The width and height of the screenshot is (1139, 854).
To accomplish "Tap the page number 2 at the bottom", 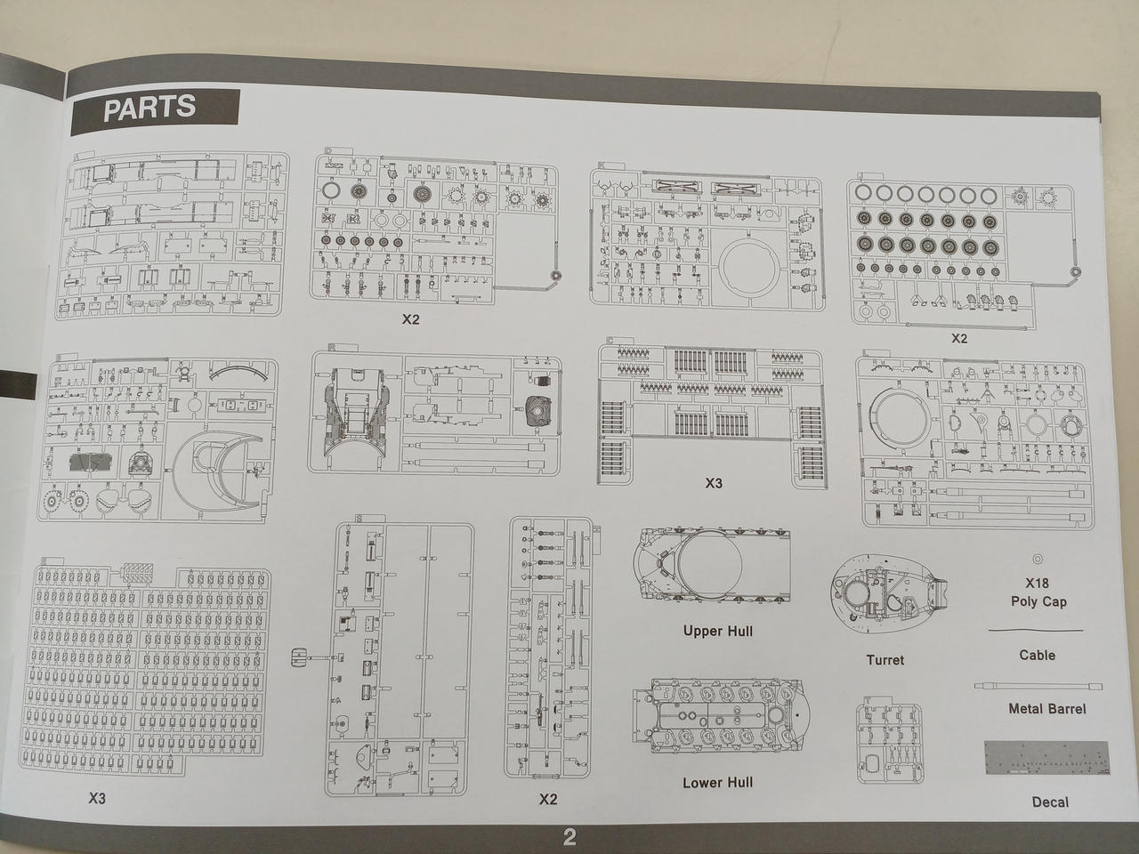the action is pos(569,837).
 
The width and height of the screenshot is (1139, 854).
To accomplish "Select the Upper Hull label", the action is pos(717,631).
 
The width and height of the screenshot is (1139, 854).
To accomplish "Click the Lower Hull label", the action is pos(717,783).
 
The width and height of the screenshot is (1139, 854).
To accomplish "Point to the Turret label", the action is pos(885,660).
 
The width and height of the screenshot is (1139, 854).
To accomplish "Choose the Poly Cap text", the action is pos(1038,602).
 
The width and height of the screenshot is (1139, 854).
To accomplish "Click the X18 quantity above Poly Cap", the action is pos(1038,583).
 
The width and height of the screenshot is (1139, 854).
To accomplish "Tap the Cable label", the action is pos(1038,655).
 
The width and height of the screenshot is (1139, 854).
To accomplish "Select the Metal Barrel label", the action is pos(1047,709).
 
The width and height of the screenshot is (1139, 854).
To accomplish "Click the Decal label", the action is pos(1050,802).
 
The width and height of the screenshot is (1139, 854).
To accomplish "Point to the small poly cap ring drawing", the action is pos(1038,559).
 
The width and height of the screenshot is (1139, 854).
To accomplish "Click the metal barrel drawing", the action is pos(1038,686).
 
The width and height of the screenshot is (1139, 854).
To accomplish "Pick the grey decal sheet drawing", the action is pos(1047,758).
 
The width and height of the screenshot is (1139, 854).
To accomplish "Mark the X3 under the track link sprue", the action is pos(97,799).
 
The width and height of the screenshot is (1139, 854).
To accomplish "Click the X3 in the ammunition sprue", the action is pos(714,483).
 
